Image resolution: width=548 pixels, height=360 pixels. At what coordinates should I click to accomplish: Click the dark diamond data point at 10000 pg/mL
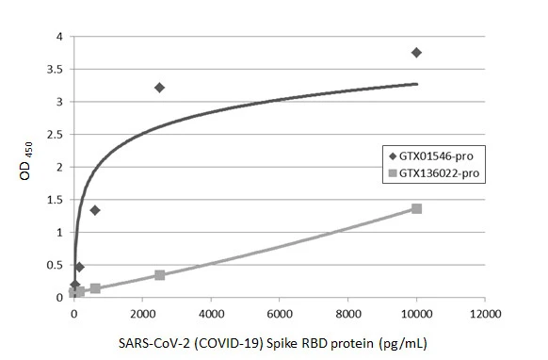click(x=416, y=53)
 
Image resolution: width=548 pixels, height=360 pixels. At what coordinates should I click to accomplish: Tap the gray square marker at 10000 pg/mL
click(x=416, y=208)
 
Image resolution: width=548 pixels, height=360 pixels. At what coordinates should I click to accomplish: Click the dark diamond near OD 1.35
click(x=95, y=210)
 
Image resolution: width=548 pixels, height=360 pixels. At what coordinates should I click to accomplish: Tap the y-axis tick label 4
click(x=59, y=37)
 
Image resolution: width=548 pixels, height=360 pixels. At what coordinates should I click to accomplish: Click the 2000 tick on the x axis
click(x=142, y=313)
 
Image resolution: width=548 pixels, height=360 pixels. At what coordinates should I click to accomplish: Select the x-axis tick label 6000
click(x=280, y=313)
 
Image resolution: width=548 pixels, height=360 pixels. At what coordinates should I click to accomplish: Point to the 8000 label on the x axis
click(x=348, y=313)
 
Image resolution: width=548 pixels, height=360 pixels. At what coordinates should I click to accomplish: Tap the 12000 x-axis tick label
click(x=485, y=313)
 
